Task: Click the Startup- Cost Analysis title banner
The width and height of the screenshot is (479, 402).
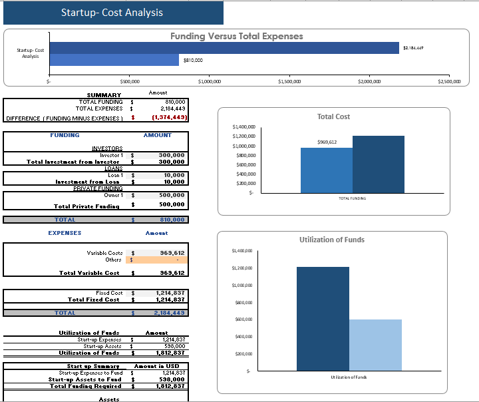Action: click(x=112, y=13)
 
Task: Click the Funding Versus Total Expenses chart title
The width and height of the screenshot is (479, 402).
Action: click(x=236, y=37)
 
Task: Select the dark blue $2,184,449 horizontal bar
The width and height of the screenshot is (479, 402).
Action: click(x=224, y=48)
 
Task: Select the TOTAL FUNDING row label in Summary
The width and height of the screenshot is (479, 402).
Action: click(x=100, y=102)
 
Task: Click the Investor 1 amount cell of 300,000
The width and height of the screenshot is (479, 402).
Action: click(x=171, y=155)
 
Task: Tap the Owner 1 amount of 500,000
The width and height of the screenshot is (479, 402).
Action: click(x=171, y=196)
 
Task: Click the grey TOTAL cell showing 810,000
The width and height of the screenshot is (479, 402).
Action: click(x=171, y=220)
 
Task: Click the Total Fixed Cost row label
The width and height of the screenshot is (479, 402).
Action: click(x=95, y=300)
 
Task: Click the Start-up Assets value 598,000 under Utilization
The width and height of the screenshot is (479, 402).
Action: click(x=173, y=346)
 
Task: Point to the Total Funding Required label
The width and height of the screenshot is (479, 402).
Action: click(x=85, y=386)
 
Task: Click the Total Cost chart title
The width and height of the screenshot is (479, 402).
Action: click(x=333, y=116)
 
